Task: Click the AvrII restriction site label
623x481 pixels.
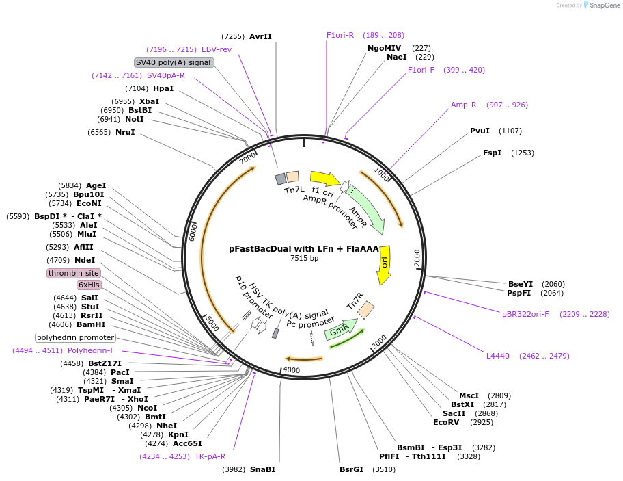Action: [260, 36]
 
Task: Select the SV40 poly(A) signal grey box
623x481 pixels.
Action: [174, 62]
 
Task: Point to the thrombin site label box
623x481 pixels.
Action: [73, 273]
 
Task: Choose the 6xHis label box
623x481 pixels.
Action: [88, 285]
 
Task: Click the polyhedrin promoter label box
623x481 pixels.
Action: [76, 337]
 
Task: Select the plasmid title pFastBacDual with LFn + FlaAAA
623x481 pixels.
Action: [304, 249]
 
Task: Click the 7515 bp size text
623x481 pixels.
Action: [304, 259]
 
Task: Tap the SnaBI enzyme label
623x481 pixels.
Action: [262, 469]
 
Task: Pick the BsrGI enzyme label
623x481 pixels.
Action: [353, 469]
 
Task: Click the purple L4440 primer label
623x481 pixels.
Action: [498, 356]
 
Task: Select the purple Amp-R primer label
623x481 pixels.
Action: [463, 105]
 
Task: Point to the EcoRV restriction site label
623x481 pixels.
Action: [446, 422]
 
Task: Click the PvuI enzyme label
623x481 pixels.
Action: [480, 131]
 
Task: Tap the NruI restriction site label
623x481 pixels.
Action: [125, 132]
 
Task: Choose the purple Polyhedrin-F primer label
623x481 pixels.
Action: [91, 350]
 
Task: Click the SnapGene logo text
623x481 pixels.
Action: [603, 5]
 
